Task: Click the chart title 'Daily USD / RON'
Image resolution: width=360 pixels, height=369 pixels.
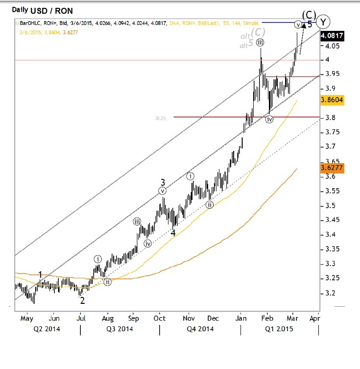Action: [34, 10]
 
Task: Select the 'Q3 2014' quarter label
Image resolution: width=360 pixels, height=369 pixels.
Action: [120, 329]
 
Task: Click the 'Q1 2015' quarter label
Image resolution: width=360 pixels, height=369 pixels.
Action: [279, 329]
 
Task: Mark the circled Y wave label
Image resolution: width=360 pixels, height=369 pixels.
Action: [323, 22]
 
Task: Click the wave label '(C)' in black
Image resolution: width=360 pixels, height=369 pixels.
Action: [309, 15]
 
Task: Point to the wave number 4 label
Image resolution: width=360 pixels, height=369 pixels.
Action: [173, 233]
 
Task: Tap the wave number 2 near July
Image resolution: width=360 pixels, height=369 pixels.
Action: [82, 300]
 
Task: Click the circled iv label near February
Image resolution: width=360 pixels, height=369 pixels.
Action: [269, 119]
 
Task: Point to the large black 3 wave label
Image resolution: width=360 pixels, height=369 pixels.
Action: [163, 181]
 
